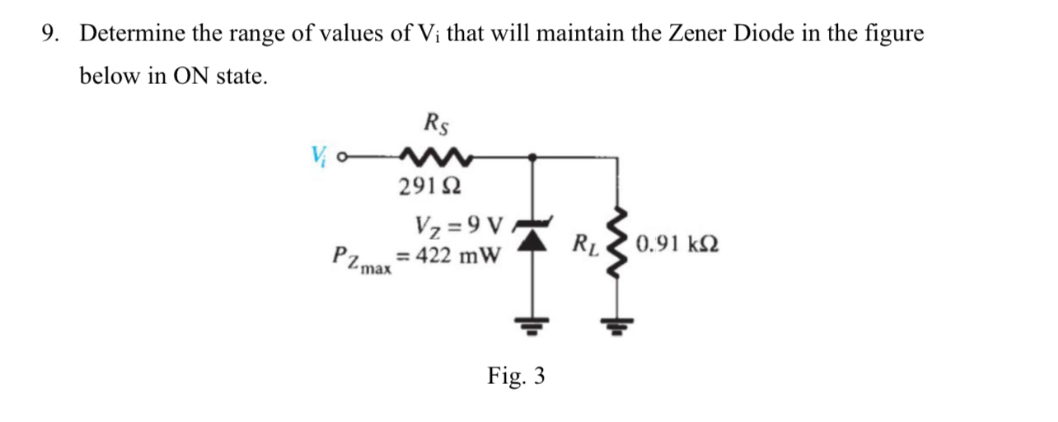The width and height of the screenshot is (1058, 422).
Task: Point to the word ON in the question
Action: [x=190, y=77]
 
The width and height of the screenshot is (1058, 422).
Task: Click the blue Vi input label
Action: [x=319, y=155]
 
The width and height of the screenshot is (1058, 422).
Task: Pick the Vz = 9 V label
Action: [x=458, y=224]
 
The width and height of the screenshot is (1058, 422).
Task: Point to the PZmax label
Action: [x=361, y=259]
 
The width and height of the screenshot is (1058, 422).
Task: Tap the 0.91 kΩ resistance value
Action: [x=676, y=245]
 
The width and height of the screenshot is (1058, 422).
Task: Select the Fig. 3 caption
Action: [x=516, y=377]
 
